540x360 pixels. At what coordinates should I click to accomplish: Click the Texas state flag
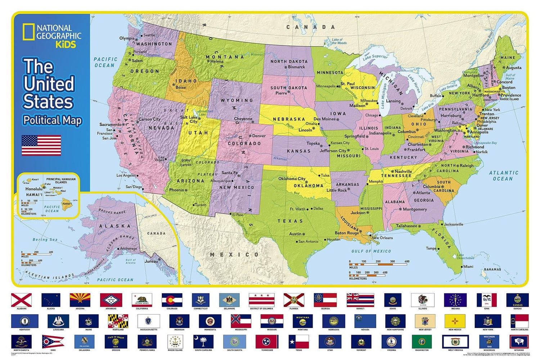click(299, 341)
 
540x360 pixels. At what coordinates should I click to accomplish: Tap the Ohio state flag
click(53, 341)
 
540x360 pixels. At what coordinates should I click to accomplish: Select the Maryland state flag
click(118, 320)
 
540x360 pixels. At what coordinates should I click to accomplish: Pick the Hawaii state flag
click(360, 300)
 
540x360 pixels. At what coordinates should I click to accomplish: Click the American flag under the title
click(41, 145)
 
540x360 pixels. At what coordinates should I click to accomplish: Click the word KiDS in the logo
click(66, 44)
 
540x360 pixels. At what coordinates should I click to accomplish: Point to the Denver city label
click(259, 136)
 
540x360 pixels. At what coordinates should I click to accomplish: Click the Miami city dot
click(462, 267)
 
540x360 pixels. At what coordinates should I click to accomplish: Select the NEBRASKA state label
click(289, 119)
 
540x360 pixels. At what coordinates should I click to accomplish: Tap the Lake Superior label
click(375, 57)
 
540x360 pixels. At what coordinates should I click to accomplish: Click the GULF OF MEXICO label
click(371, 251)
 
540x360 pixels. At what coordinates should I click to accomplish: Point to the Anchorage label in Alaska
click(129, 248)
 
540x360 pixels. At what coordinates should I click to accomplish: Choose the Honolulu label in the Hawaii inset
click(34, 189)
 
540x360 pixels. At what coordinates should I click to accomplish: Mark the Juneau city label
click(151, 261)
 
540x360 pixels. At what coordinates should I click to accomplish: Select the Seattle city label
click(149, 35)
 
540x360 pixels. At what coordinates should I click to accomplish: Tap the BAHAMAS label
click(492, 269)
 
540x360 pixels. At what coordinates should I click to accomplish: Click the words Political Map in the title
click(53, 120)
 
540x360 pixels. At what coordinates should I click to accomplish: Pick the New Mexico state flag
click(455, 320)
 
